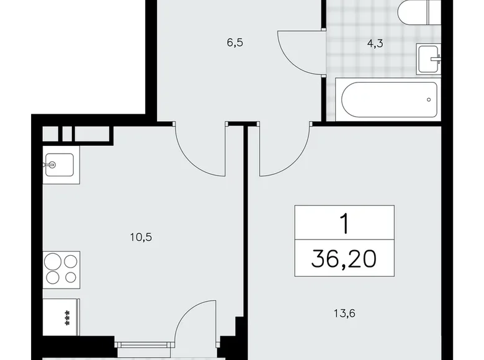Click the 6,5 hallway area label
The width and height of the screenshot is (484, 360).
coord(236,45)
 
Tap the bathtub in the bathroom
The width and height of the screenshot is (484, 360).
coord(387,99)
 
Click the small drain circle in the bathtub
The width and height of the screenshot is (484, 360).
coord(428,99)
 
